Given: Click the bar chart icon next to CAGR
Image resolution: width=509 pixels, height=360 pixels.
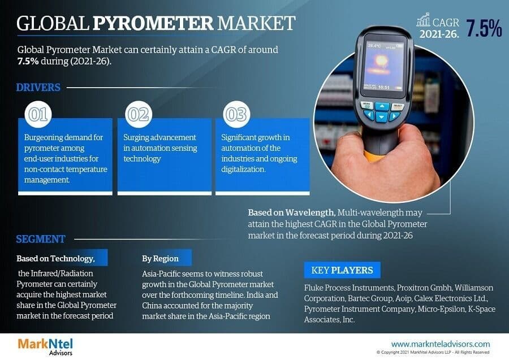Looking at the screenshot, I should pyautogui.click(x=423, y=20).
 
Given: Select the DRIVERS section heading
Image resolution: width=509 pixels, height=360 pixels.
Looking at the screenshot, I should pyautogui.click(x=38, y=88).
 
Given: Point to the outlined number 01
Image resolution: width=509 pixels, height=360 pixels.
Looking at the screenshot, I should pyautogui.click(x=37, y=114).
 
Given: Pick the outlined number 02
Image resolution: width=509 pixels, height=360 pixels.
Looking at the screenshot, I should pyautogui.click(x=137, y=114).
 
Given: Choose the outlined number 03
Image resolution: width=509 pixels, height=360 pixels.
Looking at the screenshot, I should pyautogui.click(x=236, y=114).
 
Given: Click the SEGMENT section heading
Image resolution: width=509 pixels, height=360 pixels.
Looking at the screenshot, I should pyautogui.click(x=41, y=238).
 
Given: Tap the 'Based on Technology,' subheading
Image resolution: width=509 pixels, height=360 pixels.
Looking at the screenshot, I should pyautogui.click(x=55, y=258).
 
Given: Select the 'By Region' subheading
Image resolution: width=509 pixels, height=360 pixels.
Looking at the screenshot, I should pyautogui.click(x=160, y=258).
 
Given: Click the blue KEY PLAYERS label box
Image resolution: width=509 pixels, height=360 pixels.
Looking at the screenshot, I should pyautogui.click(x=342, y=270).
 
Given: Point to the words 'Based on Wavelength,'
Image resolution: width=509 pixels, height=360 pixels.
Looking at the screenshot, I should pyautogui.click(x=291, y=212).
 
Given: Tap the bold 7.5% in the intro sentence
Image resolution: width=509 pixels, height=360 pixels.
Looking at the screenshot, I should pyautogui.click(x=29, y=61).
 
